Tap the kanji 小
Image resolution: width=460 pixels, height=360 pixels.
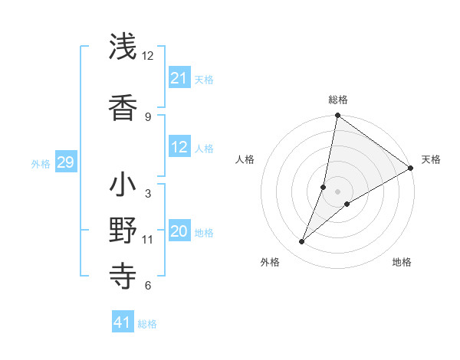point(123,185)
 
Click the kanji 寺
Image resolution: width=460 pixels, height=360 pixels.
point(123,274)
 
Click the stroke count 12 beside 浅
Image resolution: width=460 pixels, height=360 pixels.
point(148,56)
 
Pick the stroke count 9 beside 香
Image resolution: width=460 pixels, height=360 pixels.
point(148,116)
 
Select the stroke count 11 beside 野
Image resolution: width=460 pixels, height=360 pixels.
point(148,240)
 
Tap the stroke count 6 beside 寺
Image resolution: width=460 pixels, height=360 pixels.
point(148,286)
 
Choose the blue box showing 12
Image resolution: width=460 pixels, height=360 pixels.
point(179,147)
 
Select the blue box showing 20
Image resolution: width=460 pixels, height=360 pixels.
point(179,231)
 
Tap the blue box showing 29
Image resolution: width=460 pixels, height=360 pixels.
point(65,162)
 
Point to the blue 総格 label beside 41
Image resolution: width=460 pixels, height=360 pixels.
point(147,324)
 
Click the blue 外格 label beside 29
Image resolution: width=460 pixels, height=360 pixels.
point(41,163)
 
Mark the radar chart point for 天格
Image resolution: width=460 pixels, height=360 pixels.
point(410,169)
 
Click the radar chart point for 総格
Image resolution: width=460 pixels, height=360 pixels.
point(337,116)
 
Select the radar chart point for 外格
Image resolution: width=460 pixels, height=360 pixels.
point(301,242)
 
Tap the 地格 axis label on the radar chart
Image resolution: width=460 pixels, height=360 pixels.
point(402,262)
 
